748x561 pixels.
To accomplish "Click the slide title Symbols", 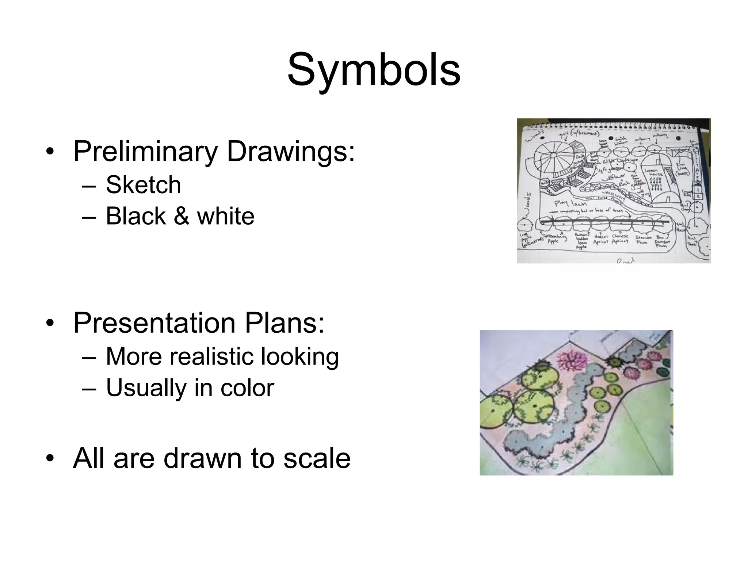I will click(x=374, y=69).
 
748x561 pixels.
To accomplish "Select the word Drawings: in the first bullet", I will click(x=291, y=151).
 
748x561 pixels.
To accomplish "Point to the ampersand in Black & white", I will click(x=181, y=216).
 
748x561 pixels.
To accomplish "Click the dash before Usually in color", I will click(x=89, y=388).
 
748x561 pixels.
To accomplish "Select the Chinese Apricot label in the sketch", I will click(x=621, y=239).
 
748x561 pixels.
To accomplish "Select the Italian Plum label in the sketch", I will click(x=642, y=239).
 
